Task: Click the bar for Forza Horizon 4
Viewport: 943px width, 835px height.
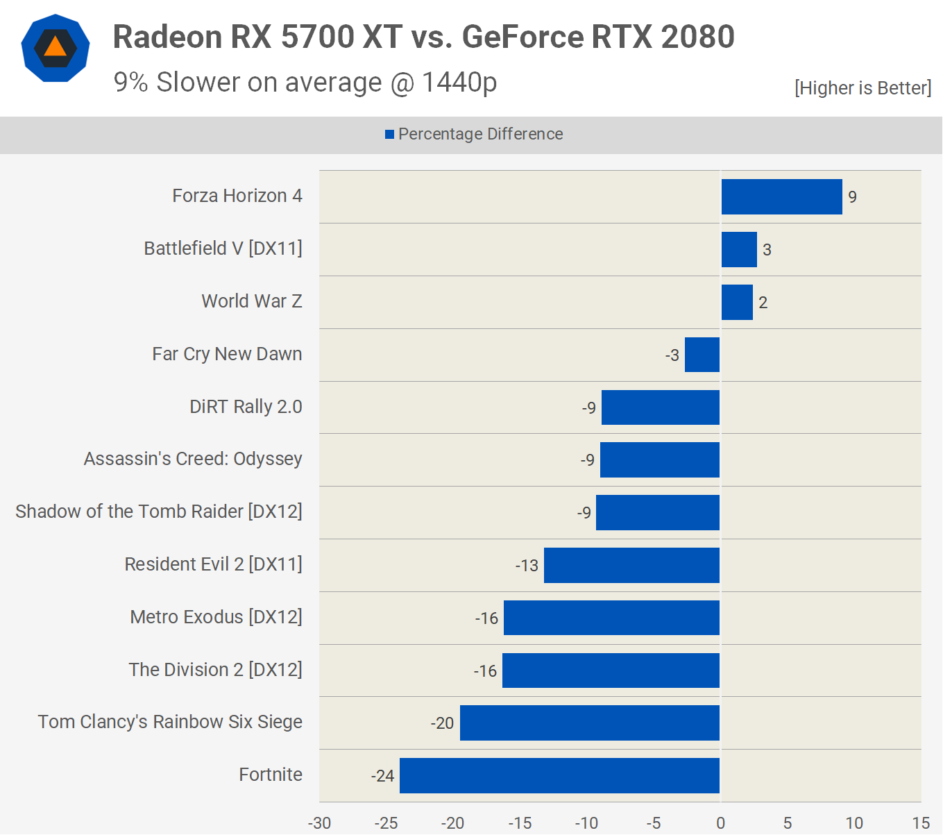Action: pos(781,196)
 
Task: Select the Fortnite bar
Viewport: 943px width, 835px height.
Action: pos(559,775)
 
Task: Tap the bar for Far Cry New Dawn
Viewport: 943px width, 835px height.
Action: pos(702,355)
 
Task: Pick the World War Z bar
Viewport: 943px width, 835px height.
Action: pos(737,302)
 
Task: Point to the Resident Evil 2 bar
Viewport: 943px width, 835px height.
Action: pos(631,565)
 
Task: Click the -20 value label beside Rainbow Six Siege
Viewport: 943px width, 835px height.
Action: pos(442,723)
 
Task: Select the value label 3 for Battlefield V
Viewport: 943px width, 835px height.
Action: pos(767,250)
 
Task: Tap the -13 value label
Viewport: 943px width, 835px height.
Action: pos(527,566)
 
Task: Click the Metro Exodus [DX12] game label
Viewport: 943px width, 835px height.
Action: pos(216,617)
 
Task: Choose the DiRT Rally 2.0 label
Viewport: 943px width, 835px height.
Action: pos(246,407)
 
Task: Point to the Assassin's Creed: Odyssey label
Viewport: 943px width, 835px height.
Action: pos(193,459)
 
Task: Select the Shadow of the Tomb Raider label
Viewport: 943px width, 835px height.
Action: pos(159,512)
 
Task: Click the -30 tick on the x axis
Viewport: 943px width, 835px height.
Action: pos(319,823)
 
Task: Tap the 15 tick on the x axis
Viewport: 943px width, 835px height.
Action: pos(921,823)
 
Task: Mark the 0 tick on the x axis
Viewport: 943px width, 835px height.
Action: pos(720,823)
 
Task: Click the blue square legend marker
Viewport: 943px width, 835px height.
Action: pos(390,135)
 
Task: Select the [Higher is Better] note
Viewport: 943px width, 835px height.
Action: pos(863,88)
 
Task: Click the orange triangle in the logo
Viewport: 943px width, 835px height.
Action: pos(56,47)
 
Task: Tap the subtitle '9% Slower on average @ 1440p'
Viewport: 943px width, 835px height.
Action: pos(305,83)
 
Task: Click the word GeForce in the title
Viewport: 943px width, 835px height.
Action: pos(523,37)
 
